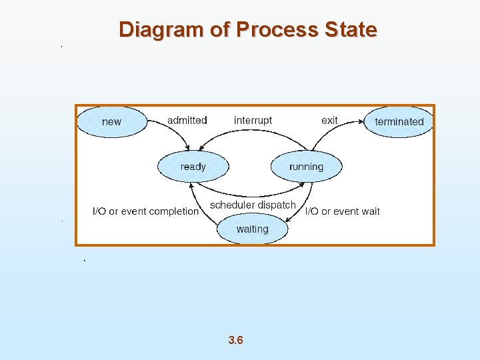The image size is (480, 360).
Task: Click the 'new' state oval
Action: (x=111, y=121)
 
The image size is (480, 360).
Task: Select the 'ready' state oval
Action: (x=193, y=167)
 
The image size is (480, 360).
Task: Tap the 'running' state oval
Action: (x=306, y=167)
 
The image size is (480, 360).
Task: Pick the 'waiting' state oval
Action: (x=253, y=229)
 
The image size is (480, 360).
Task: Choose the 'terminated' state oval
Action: (x=399, y=121)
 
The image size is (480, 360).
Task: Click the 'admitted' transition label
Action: (x=187, y=120)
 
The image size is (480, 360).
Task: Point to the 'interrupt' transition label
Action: (x=253, y=120)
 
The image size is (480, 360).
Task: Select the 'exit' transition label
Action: (x=329, y=120)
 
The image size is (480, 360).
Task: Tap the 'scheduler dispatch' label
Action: (x=253, y=205)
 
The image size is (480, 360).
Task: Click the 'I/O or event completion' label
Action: (x=145, y=211)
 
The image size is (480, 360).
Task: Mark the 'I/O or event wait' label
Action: (x=342, y=211)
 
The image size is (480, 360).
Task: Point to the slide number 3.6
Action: (x=235, y=341)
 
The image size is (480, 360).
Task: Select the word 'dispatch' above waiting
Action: (x=277, y=205)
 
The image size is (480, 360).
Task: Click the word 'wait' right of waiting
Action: (x=370, y=211)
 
